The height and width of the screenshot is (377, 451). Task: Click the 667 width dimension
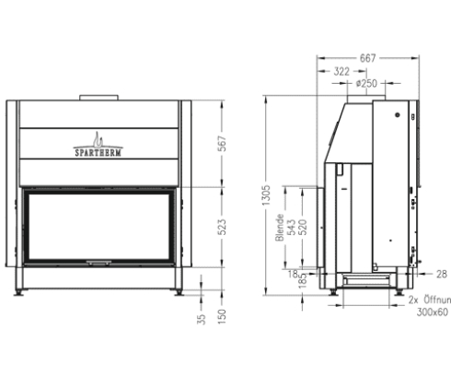(x=367, y=58)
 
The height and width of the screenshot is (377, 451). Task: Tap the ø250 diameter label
(x=366, y=84)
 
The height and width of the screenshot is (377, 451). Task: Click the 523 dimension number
(x=221, y=228)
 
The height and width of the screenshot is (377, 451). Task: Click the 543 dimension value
(x=292, y=226)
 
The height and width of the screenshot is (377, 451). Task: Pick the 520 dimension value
(x=303, y=226)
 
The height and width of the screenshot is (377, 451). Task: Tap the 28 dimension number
(x=441, y=274)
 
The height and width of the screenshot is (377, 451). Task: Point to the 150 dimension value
(x=221, y=318)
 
